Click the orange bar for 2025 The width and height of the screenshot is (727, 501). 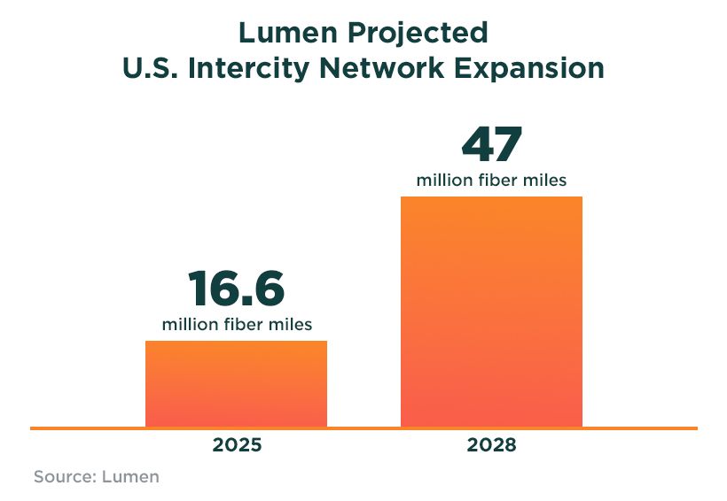point(236,383)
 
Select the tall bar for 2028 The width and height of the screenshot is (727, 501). point(491,311)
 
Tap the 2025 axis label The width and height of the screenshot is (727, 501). point(237,444)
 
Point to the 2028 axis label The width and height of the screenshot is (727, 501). point(491,444)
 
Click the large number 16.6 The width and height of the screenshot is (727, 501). point(236,289)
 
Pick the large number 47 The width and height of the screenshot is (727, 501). point(491,145)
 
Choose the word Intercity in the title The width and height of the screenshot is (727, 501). point(254,68)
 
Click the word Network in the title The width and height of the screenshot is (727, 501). point(389,68)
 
